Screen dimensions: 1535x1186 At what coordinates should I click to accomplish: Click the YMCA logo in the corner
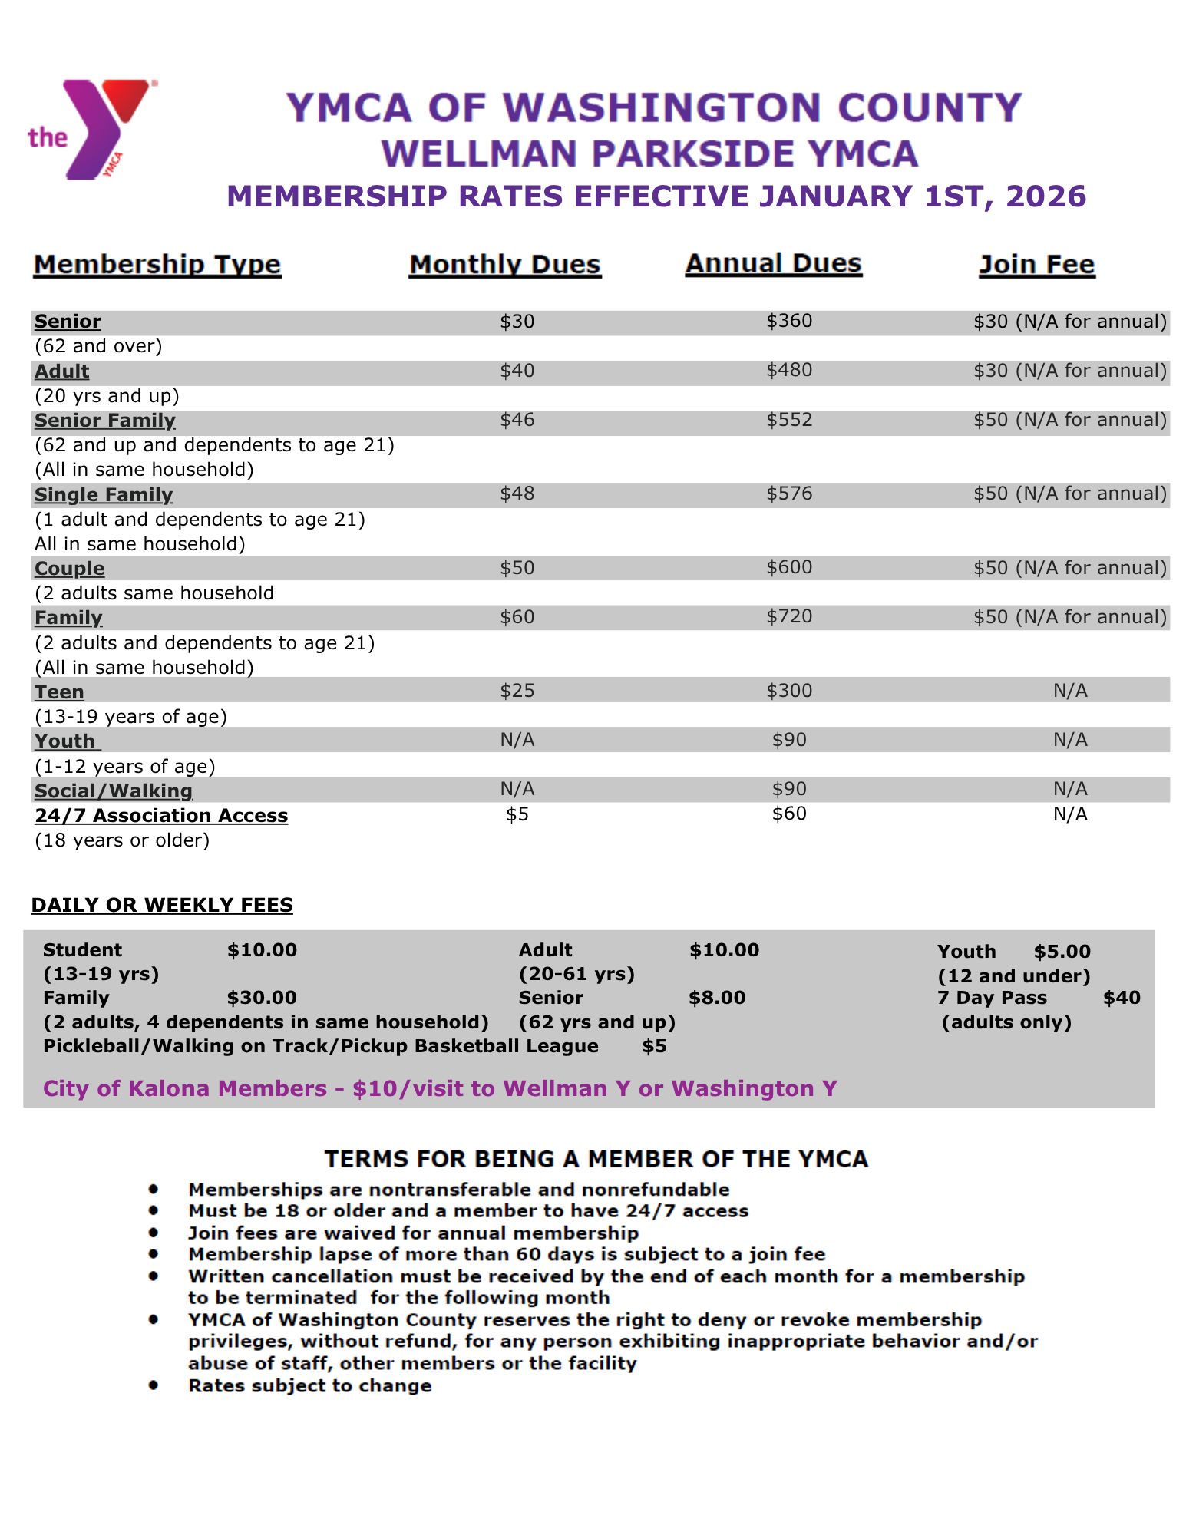[x=91, y=129]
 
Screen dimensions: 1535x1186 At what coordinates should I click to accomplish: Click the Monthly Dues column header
[x=504, y=265]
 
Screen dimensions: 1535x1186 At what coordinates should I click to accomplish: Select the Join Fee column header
[x=1036, y=265]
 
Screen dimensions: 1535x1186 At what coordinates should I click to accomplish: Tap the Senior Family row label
[x=104, y=421]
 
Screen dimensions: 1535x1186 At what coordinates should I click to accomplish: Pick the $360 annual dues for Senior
[x=788, y=321]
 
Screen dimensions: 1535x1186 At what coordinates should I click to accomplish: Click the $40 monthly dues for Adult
[x=517, y=371]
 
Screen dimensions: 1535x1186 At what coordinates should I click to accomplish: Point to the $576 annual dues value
[x=788, y=494]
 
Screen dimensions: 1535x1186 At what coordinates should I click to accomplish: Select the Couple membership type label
[x=69, y=569]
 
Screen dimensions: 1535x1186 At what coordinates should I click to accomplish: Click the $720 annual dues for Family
[x=788, y=616]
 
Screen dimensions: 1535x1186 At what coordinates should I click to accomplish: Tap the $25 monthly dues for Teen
[x=517, y=691]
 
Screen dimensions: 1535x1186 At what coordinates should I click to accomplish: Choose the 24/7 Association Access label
[x=161, y=816]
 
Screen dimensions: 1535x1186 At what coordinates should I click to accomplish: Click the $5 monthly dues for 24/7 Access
[x=517, y=814]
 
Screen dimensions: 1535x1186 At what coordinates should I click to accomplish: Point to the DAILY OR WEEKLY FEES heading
[x=162, y=905]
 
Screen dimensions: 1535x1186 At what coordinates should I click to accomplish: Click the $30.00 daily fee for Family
[x=262, y=998]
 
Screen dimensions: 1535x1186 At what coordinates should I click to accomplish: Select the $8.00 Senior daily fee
[x=717, y=998]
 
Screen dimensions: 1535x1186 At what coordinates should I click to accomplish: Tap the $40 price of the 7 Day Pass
[x=1122, y=998]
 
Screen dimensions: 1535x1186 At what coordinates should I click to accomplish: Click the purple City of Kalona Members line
[x=440, y=1088]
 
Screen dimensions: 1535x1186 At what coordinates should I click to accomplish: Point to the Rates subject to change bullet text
[x=309, y=1385]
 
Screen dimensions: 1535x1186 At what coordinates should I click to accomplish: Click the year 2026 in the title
[x=1046, y=196]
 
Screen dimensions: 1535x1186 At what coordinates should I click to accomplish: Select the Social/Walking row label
[x=113, y=791]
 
